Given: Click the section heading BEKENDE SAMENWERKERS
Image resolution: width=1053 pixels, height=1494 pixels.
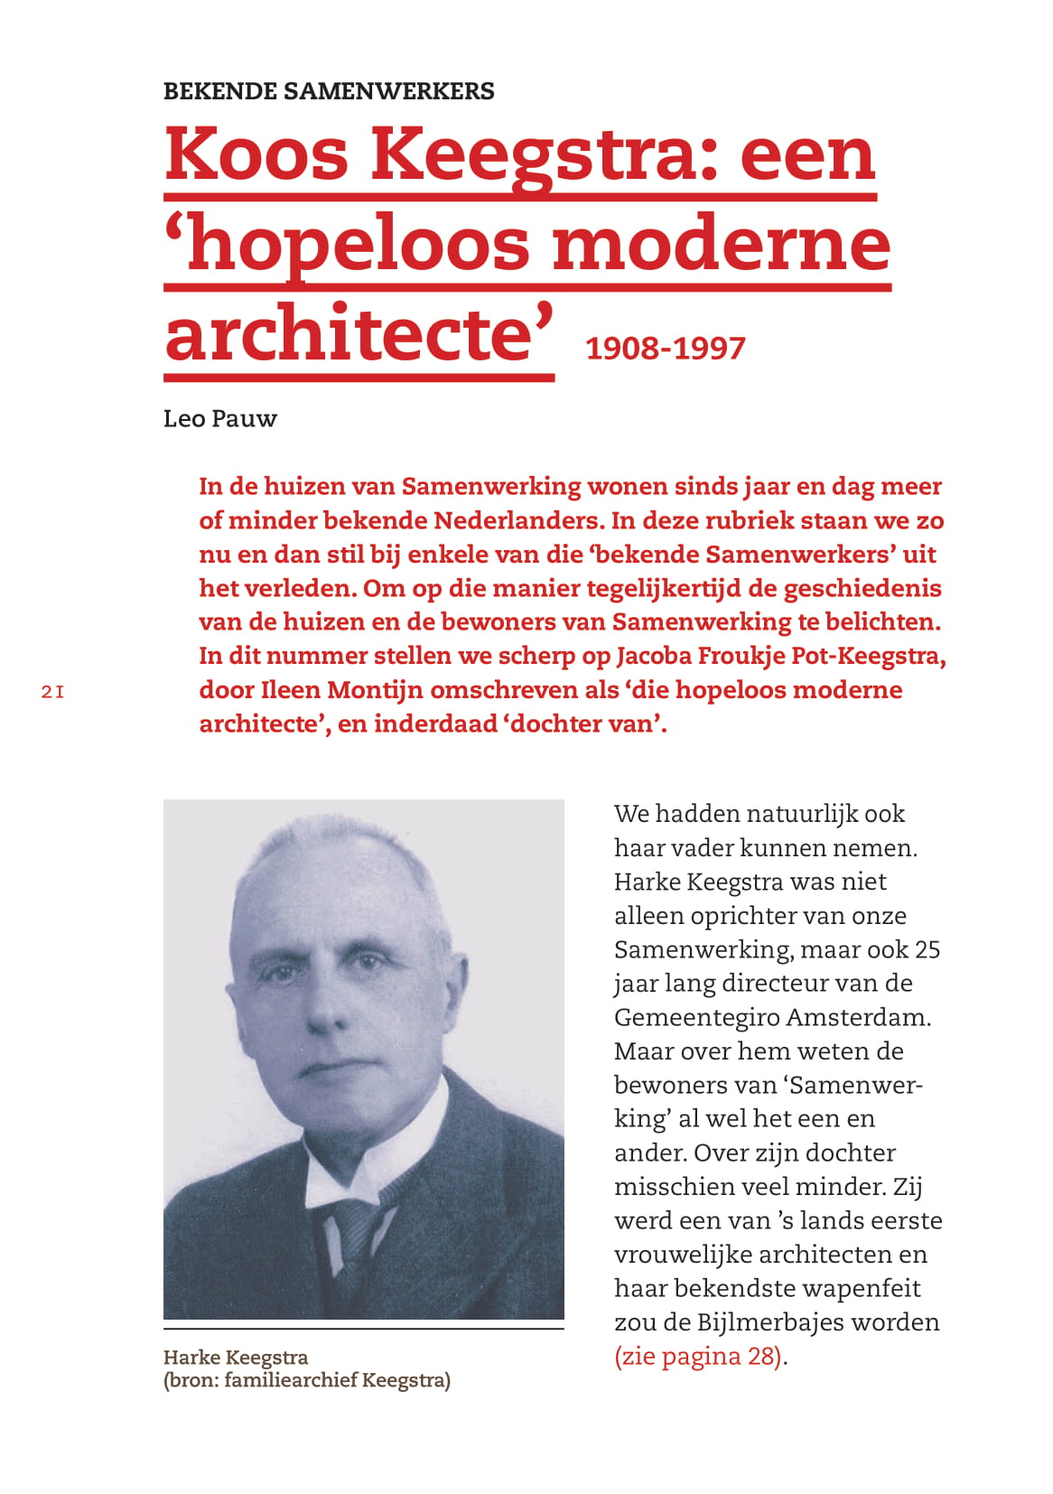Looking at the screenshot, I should pyautogui.click(x=329, y=91).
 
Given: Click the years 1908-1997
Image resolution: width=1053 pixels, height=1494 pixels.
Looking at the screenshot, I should pyautogui.click(x=666, y=349).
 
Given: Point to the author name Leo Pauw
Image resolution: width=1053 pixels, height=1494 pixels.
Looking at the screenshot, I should pyautogui.click(x=219, y=419).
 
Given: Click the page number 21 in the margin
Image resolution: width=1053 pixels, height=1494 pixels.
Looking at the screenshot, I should pyautogui.click(x=52, y=693).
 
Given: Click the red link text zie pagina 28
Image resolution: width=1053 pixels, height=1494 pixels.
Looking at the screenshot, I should pyautogui.click(x=698, y=1357).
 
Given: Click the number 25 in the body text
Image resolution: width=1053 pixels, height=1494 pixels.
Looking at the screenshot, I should pyautogui.click(x=927, y=950).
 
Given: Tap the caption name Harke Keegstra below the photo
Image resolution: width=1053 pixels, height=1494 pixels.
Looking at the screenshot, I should pyautogui.click(x=236, y=1358).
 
